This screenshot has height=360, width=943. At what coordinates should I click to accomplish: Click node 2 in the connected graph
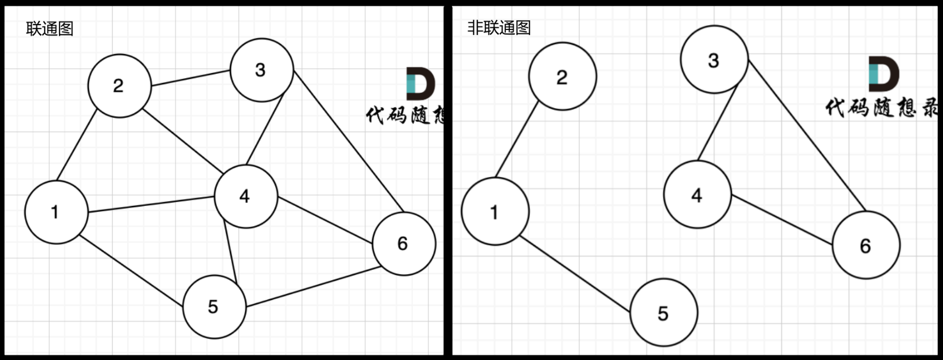119,86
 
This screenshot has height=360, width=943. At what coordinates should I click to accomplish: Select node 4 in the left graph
246,196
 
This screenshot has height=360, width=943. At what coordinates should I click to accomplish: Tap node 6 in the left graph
404,244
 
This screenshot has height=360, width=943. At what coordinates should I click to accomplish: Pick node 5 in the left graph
214,306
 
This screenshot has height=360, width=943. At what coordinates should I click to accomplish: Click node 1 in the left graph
56,212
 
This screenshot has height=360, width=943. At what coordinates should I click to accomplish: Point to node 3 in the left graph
262,70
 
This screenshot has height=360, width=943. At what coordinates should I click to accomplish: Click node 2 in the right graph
562,76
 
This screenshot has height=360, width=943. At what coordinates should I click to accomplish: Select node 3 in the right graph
714,60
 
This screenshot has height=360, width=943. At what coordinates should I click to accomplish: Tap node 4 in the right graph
697,195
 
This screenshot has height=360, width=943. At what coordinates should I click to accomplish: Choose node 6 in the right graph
866,246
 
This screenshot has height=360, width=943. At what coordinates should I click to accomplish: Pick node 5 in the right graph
663,312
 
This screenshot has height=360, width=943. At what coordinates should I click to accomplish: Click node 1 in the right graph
495,211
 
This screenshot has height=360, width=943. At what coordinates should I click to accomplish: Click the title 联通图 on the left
50,28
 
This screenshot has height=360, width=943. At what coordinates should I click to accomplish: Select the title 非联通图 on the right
499,27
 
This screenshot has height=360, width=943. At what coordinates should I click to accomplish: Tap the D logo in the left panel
420,84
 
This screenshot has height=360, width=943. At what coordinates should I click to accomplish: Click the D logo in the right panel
883,73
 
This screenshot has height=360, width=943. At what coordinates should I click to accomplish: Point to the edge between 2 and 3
190,78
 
